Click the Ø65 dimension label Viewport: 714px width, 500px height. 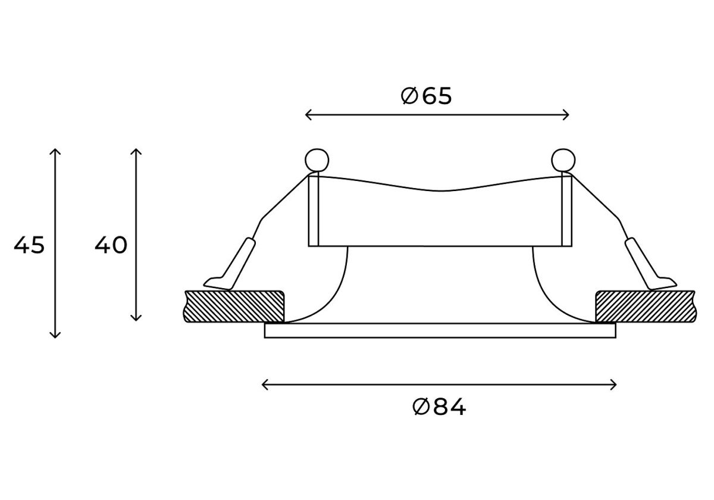(426, 96)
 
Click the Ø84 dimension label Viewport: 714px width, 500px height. (439, 407)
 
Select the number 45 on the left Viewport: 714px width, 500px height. (29, 245)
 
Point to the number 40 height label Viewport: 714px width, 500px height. (111, 245)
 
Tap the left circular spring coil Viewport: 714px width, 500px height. (317, 160)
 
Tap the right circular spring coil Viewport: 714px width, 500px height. (563, 160)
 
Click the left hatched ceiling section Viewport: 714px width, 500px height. (234, 307)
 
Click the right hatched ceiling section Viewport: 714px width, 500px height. (646, 307)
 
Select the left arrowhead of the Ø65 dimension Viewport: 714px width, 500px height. (308, 115)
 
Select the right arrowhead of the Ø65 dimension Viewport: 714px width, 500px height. (566, 115)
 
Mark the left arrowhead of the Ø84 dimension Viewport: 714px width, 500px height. (265, 385)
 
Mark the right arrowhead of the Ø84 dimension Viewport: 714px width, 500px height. (613, 385)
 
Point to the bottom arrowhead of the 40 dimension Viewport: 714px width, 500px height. (136, 318)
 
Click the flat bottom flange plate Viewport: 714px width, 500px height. (440, 330)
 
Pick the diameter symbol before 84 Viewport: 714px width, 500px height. (421, 407)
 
